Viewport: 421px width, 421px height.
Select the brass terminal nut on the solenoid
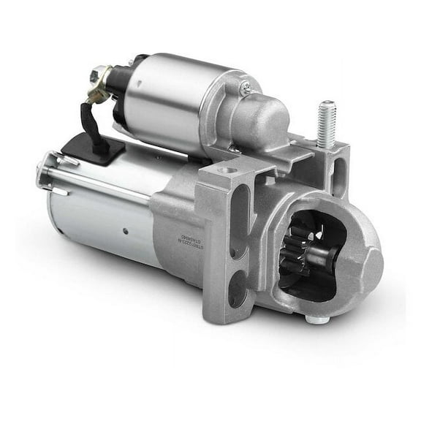(98, 75)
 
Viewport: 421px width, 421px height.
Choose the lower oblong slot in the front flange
(238, 288)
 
